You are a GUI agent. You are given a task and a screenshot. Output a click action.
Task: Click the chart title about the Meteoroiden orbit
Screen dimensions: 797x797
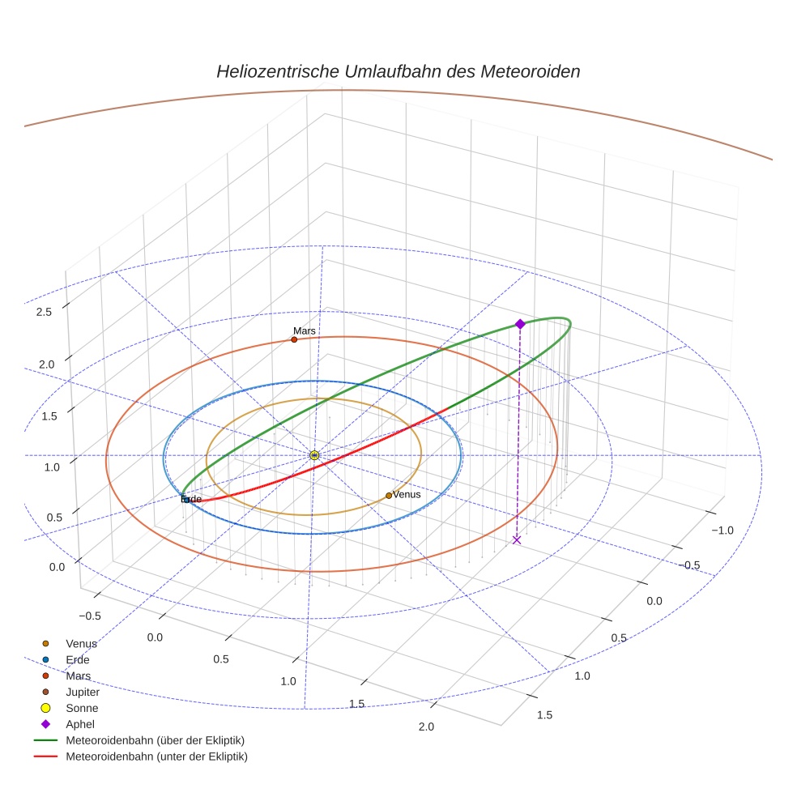click(x=398, y=71)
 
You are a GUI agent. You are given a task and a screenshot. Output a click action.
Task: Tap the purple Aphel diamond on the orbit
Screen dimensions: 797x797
click(x=520, y=324)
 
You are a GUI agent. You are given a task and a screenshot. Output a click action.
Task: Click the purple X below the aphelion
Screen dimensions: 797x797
click(x=517, y=539)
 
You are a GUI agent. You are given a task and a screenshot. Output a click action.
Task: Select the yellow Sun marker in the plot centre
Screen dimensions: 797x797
click(x=314, y=456)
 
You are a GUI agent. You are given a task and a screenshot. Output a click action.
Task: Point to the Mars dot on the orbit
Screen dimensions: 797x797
click(x=294, y=339)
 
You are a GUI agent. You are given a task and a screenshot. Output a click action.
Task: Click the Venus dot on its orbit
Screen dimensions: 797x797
click(x=389, y=496)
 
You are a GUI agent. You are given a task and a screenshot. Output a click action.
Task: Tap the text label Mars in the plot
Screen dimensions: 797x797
click(x=305, y=331)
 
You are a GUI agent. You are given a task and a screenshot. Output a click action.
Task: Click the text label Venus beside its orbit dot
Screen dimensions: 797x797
click(x=407, y=494)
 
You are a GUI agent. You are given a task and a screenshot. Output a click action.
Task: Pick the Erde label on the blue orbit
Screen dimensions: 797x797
click(x=191, y=499)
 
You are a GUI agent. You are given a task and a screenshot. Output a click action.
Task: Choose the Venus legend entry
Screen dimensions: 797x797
click(x=81, y=644)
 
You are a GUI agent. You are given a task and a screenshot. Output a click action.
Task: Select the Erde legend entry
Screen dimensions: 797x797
click(x=78, y=660)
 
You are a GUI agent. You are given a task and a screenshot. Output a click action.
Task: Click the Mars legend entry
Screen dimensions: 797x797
click(x=78, y=676)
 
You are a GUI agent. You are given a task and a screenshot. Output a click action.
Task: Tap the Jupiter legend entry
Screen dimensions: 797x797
click(x=83, y=692)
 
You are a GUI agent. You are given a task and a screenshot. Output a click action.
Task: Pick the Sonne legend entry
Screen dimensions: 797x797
click(x=82, y=708)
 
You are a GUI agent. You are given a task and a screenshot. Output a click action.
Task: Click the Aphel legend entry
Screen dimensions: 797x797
click(x=80, y=724)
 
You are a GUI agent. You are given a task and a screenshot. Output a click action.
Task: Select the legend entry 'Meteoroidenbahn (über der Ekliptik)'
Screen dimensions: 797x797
click(x=155, y=740)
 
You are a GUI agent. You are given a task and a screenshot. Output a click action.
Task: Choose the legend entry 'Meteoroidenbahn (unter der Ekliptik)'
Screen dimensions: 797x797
click(x=156, y=757)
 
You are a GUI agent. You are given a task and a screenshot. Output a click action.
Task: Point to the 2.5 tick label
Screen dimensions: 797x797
click(x=45, y=312)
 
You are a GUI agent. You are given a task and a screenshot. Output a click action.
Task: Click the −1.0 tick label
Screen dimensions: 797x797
click(x=721, y=531)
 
